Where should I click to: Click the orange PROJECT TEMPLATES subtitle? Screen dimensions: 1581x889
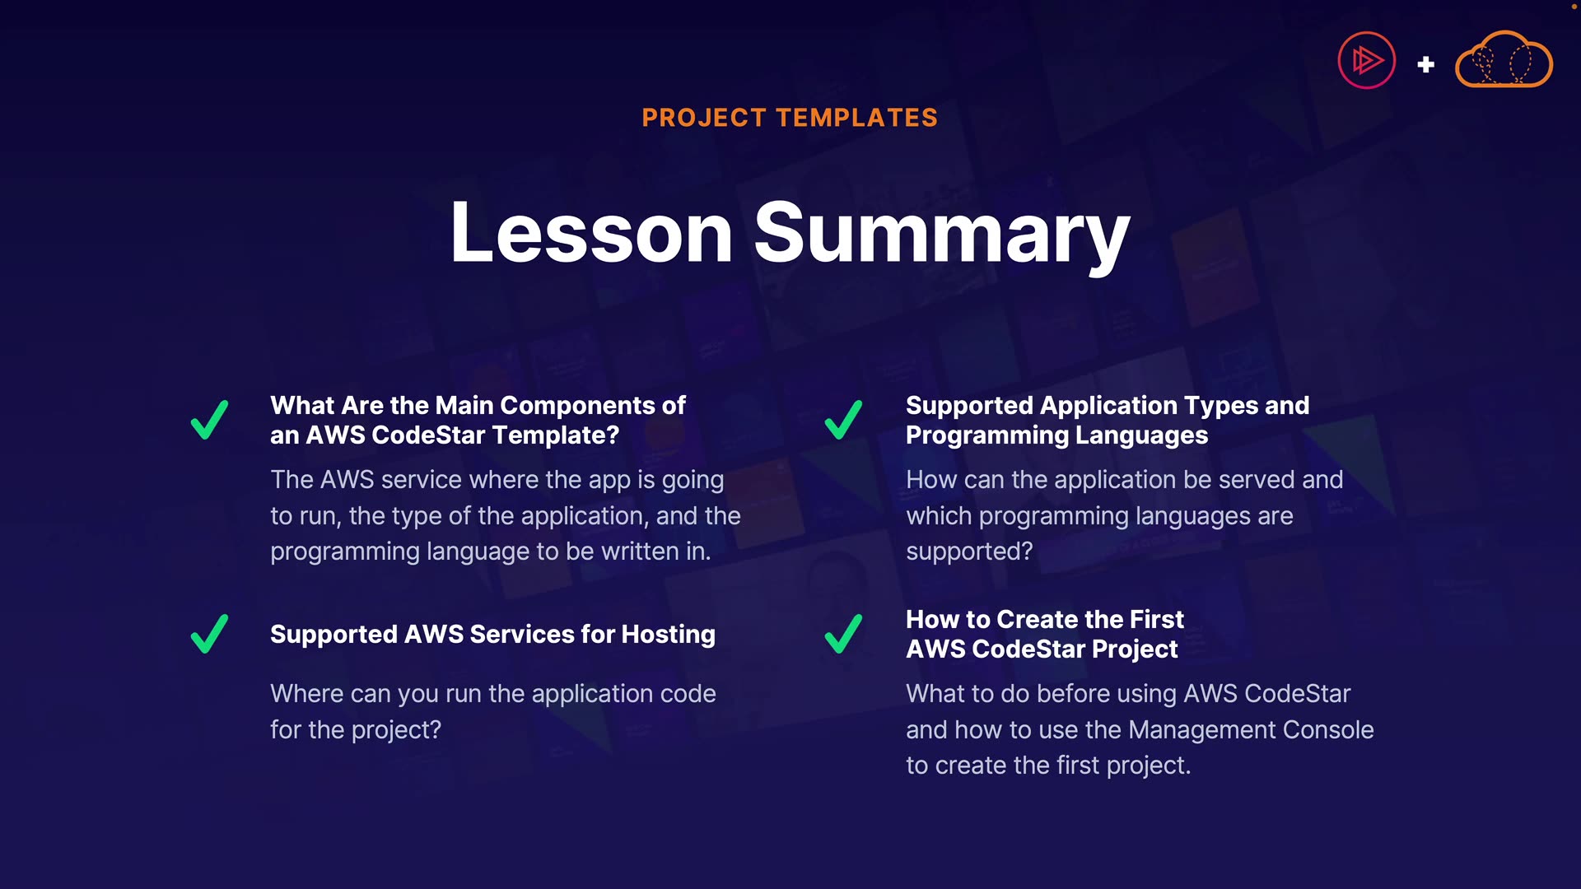(x=790, y=118)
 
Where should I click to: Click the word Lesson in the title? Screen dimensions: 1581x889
(x=591, y=233)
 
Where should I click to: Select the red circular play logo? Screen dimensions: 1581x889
(x=1367, y=60)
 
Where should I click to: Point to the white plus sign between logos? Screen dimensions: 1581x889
(x=1426, y=64)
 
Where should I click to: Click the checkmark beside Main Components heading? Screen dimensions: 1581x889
(x=210, y=420)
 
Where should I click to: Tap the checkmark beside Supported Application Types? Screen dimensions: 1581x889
(x=844, y=420)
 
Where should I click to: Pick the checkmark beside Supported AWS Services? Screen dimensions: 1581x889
(x=210, y=634)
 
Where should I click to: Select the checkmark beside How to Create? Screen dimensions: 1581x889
(x=844, y=634)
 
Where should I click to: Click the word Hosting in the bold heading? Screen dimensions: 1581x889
(x=669, y=635)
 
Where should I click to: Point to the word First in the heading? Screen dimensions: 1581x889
(x=1157, y=619)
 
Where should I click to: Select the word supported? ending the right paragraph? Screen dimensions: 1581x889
(x=969, y=552)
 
